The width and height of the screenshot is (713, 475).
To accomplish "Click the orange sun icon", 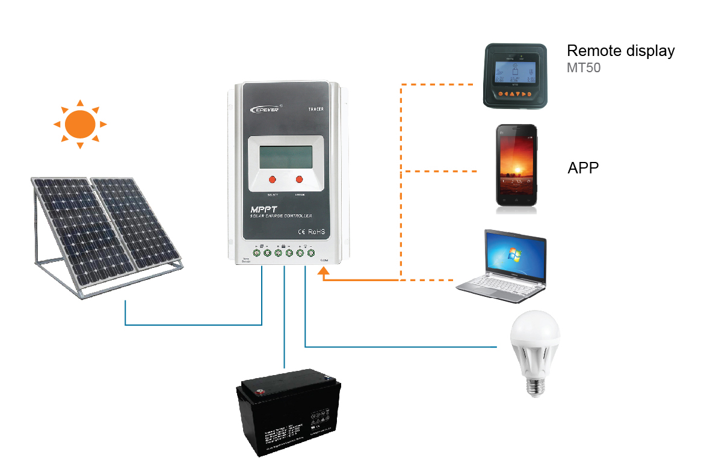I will pos(80,124).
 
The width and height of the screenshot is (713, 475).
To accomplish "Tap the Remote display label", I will pos(620,51).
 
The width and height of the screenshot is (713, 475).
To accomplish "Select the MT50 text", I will pos(583,68).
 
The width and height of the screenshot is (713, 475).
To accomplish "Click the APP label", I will pos(583,168).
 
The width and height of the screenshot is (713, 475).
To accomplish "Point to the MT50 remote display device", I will pos(515,76).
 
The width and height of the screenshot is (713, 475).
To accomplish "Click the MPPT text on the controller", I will pos(264,208).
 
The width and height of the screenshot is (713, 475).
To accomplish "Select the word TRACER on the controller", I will pos(316,109).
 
